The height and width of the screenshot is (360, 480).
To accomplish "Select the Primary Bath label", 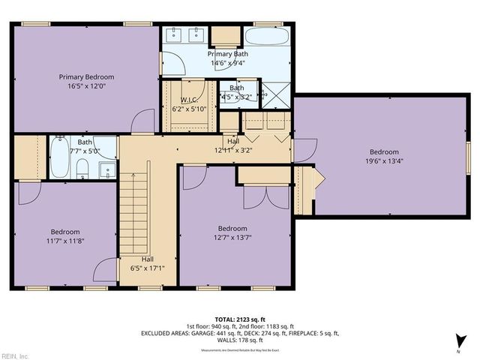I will pyautogui.click(x=228, y=54).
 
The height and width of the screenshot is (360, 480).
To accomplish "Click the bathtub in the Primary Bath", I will pyautogui.click(x=267, y=37).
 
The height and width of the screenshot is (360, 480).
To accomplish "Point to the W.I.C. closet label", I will pyautogui.click(x=188, y=100).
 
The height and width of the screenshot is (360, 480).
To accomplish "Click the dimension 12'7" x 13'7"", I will pyautogui.click(x=232, y=238).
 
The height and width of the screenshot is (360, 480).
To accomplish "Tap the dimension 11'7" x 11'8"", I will pyautogui.click(x=65, y=242).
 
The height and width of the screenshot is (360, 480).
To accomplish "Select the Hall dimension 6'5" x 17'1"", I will pyautogui.click(x=147, y=268).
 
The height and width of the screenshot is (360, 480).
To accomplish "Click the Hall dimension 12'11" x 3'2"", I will pyautogui.click(x=233, y=149).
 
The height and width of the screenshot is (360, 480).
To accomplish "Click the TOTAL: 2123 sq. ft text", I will pyautogui.click(x=240, y=320).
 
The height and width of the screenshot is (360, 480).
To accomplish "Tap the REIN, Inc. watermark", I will pyautogui.click(x=15, y=355).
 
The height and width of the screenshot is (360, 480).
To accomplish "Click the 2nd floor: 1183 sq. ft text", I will pyautogui.click(x=276, y=327).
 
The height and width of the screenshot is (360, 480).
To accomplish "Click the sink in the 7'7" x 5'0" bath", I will pyautogui.click(x=108, y=171).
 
